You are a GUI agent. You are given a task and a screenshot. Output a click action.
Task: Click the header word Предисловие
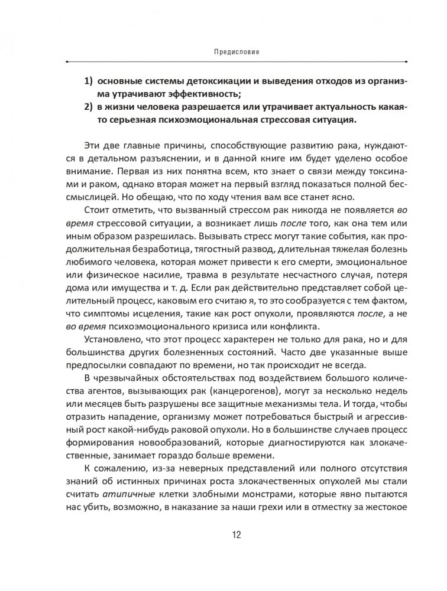235,51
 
